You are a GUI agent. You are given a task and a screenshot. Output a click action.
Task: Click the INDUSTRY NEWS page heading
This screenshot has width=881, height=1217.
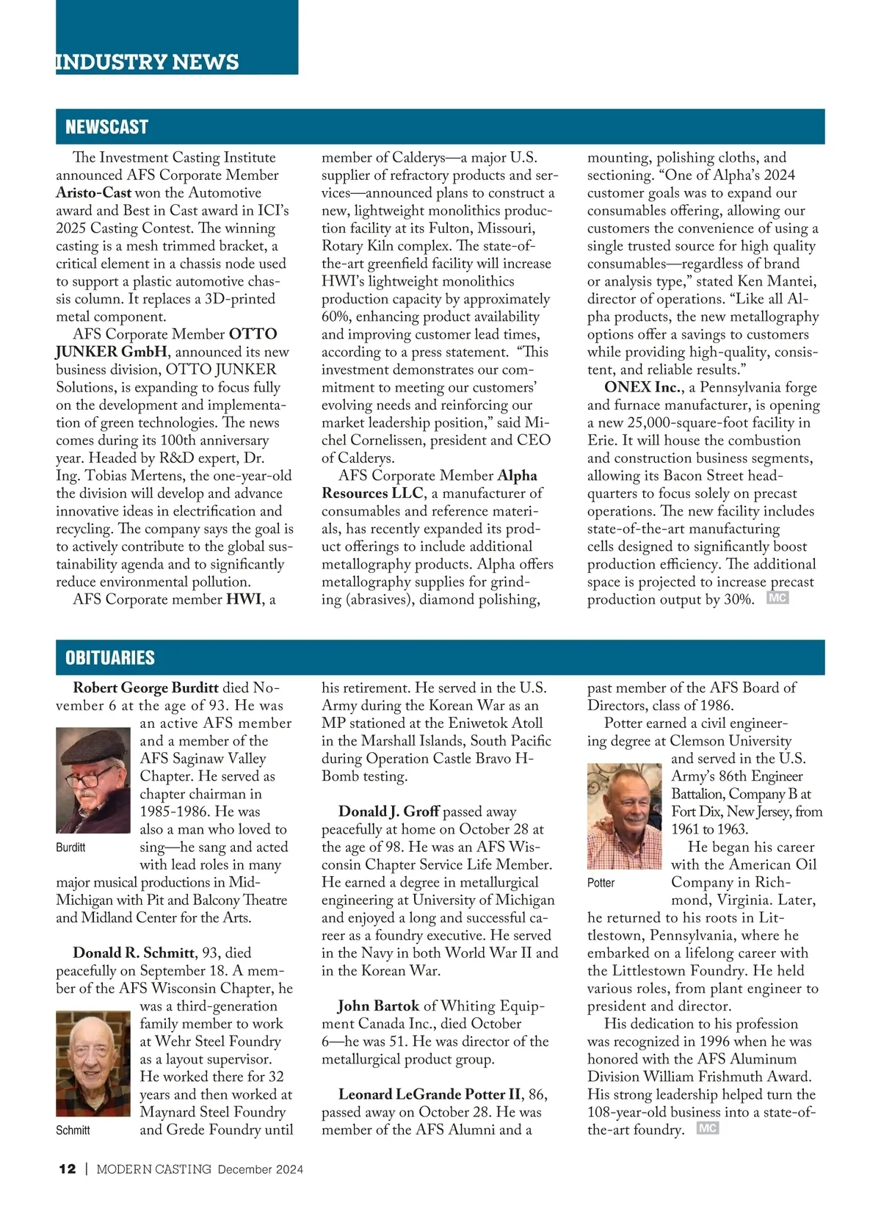click(x=148, y=62)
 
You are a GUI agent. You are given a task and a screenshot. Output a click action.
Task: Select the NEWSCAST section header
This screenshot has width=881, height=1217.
click(x=107, y=127)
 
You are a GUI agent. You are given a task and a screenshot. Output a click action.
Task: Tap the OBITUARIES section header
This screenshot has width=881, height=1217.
click(x=110, y=657)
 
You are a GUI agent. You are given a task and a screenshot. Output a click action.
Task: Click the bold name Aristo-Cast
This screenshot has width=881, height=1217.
click(x=94, y=193)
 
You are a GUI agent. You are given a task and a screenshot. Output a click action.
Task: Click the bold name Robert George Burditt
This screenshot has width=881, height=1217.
click(x=146, y=688)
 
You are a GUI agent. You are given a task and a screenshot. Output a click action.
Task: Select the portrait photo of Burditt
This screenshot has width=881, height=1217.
click(x=93, y=779)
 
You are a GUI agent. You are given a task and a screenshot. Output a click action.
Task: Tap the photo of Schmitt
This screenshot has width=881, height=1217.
click(x=93, y=1063)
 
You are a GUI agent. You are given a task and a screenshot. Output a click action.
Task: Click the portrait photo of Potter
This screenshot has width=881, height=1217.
click(x=625, y=815)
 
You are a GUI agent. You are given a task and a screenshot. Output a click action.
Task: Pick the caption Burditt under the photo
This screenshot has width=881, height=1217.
click(x=70, y=848)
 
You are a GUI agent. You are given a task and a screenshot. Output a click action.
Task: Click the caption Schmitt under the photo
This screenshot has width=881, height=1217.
click(x=73, y=1130)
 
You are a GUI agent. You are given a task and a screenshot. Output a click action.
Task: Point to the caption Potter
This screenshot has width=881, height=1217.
click(x=601, y=883)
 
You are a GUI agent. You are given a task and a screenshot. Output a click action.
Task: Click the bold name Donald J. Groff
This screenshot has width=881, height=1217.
click(x=388, y=812)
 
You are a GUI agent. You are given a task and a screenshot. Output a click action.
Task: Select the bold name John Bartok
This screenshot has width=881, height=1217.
click(x=378, y=1006)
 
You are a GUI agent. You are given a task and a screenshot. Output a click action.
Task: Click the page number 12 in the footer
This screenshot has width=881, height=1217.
click(x=67, y=1169)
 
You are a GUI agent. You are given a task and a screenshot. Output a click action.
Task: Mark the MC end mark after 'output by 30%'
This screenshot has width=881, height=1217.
click(x=777, y=599)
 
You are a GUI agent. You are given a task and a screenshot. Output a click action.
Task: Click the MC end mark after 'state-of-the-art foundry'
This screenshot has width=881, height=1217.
click(x=707, y=1129)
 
